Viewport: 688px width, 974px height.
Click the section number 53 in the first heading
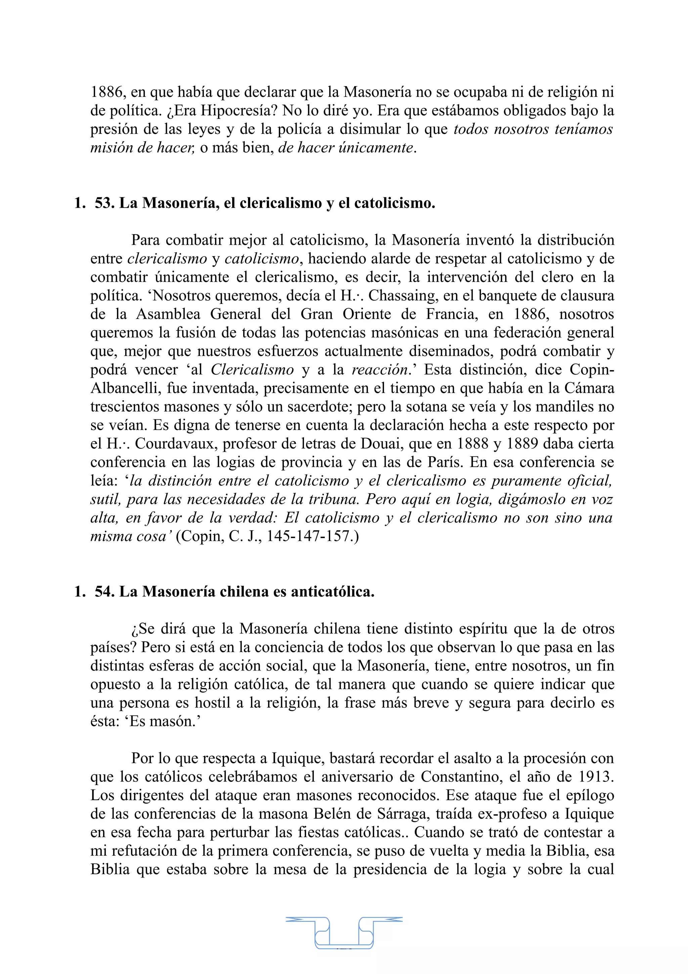[x=104, y=203]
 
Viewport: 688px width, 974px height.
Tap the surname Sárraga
[x=404, y=814]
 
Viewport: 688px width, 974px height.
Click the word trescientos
[x=125, y=407]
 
